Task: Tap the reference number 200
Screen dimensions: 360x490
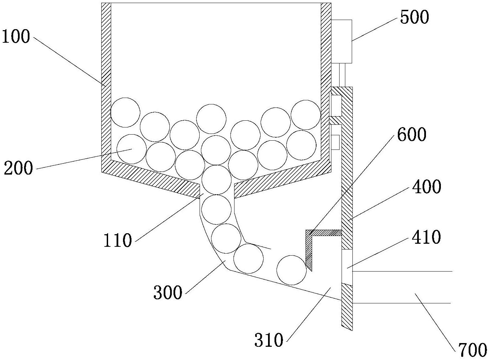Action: pyautogui.click(x=18, y=168)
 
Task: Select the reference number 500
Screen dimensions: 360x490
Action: pyautogui.click(x=414, y=17)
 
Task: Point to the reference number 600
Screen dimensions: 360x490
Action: pyautogui.click(x=411, y=135)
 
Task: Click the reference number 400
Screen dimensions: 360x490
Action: pyautogui.click(x=426, y=187)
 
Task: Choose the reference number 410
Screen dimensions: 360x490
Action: pyautogui.click(x=426, y=238)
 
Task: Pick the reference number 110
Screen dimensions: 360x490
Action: pyautogui.click(x=117, y=241)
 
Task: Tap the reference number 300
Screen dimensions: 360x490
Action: pyautogui.click(x=168, y=292)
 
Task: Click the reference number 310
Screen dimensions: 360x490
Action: pyautogui.click(x=269, y=340)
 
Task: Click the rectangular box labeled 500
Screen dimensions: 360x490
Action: pyautogui.click(x=342, y=41)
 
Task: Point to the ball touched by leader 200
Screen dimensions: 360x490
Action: pyautogui.click(x=131, y=149)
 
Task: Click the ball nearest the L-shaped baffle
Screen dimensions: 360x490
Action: pyautogui.click(x=291, y=270)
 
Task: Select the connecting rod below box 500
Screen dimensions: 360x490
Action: pyautogui.click(x=342, y=75)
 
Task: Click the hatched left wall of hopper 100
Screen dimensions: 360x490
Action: pyautogui.click(x=106, y=85)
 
